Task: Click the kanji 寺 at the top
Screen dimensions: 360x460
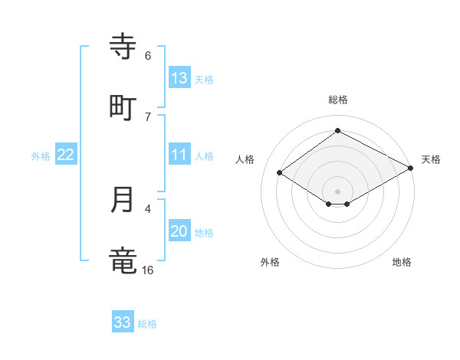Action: click(123, 46)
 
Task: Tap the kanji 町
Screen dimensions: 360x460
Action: click(123, 107)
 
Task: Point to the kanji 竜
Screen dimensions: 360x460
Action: click(123, 260)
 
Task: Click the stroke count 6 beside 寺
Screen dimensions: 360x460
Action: click(147, 55)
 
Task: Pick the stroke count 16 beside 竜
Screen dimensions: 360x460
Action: click(147, 270)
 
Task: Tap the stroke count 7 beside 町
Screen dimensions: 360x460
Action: click(147, 116)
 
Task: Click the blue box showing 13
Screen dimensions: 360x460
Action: click(179, 78)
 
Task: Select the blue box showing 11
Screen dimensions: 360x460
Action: click(179, 155)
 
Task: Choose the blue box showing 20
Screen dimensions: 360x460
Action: click(179, 231)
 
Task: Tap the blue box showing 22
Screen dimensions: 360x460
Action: click(66, 155)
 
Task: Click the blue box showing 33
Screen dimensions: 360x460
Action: click(123, 322)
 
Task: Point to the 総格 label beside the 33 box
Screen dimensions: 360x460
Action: click(147, 324)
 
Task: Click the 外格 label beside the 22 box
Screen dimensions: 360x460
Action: click(41, 156)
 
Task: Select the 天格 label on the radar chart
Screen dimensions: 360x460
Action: click(431, 159)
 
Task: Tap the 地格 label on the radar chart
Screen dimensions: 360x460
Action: click(402, 263)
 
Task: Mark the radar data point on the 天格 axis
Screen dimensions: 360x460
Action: click(412, 168)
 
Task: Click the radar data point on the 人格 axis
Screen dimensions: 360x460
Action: click(280, 173)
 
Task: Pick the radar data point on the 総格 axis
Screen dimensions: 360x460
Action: click(337, 130)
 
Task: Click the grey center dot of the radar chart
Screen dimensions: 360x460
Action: click(337, 191)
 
